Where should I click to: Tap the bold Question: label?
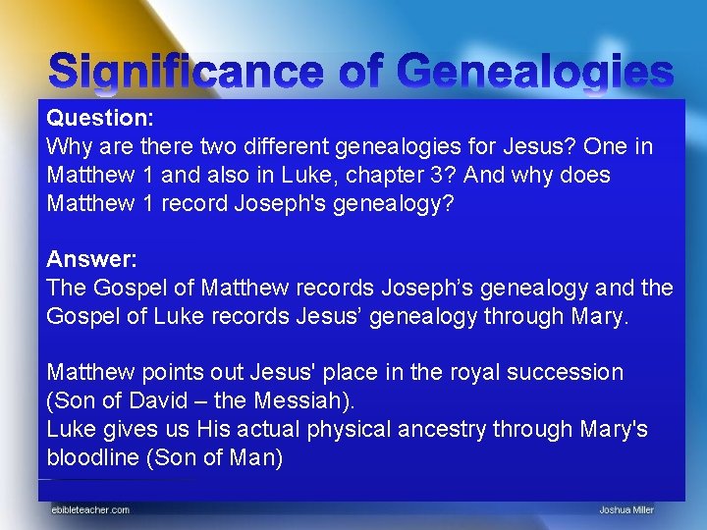(97, 119)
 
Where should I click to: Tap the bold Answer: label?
(91, 260)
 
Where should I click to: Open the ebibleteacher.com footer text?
(90, 509)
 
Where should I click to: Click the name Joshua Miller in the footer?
(626, 509)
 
